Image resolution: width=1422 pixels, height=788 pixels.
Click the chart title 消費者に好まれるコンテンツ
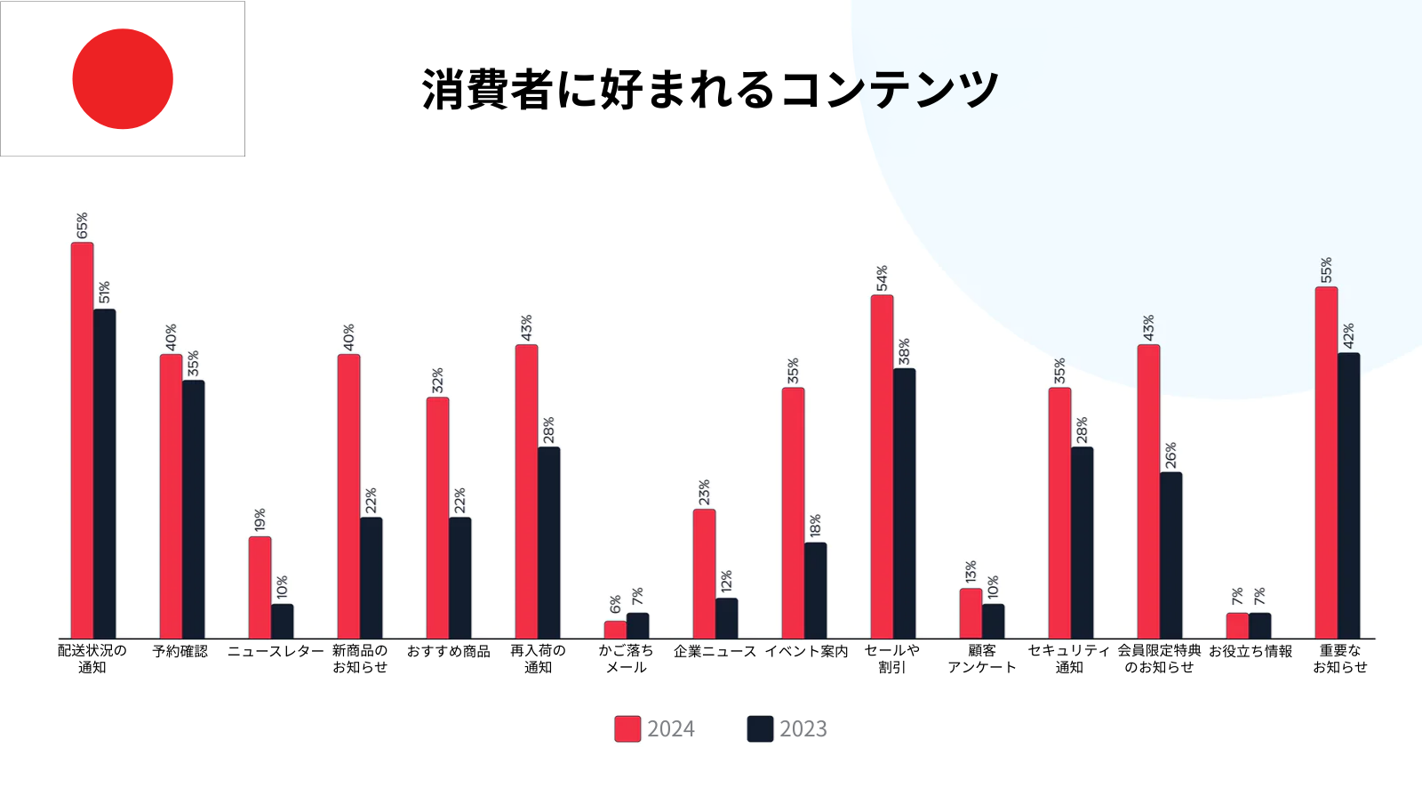(x=710, y=90)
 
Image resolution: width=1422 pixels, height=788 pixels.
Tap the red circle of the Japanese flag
(x=123, y=79)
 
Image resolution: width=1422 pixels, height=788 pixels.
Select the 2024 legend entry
(x=655, y=729)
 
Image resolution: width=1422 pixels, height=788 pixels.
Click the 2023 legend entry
(x=787, y=729)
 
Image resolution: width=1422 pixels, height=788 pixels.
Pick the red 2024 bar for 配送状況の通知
(x=83, y=440)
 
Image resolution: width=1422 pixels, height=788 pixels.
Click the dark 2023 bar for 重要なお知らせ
(x=1348, y=495)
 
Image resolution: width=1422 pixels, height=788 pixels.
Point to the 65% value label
(x=83, y=226)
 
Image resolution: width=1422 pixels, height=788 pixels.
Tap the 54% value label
(x=882, y=278)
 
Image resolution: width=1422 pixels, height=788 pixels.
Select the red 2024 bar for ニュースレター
(x=260, y=587)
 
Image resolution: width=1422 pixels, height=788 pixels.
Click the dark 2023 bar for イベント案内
(x=815, y=591)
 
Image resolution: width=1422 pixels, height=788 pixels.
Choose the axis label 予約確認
(x=180, y=652)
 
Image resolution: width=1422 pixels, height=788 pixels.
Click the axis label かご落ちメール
(x=626, y=659)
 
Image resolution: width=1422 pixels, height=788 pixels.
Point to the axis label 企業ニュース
(x=715, y=652)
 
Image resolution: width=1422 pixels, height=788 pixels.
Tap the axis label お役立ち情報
(x=1250, y=652)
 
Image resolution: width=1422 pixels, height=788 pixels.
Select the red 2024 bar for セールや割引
(x=882, y=467)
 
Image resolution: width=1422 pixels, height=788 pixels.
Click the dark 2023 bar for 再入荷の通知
(x=548, y=543)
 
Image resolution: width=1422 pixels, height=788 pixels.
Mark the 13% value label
(x=971, y=572)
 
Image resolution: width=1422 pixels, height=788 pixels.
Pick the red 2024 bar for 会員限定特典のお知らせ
(x=1148, y=491)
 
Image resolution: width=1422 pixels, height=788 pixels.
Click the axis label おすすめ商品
(x=448, y=652)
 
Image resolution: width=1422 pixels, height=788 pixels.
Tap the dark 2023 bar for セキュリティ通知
(x=1082, y=543)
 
